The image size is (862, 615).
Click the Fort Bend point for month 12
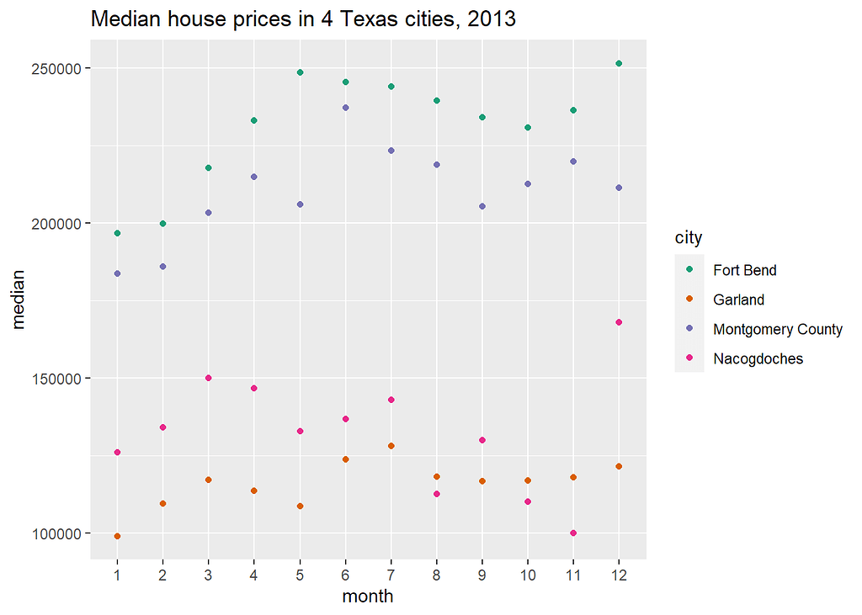619,63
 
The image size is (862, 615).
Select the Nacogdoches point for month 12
619,322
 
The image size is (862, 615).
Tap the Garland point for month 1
117,536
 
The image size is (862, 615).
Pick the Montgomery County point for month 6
345,108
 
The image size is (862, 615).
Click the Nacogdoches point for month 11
573,533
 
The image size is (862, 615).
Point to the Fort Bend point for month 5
300,72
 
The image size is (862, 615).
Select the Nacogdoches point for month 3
209,378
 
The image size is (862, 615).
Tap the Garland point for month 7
391,446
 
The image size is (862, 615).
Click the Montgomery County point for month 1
117,273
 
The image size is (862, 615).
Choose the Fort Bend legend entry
744,270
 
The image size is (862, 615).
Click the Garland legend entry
738,300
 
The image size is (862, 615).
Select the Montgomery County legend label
777,329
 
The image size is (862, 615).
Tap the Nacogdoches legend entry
758,358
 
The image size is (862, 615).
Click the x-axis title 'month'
367,596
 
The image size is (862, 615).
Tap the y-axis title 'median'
19,300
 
